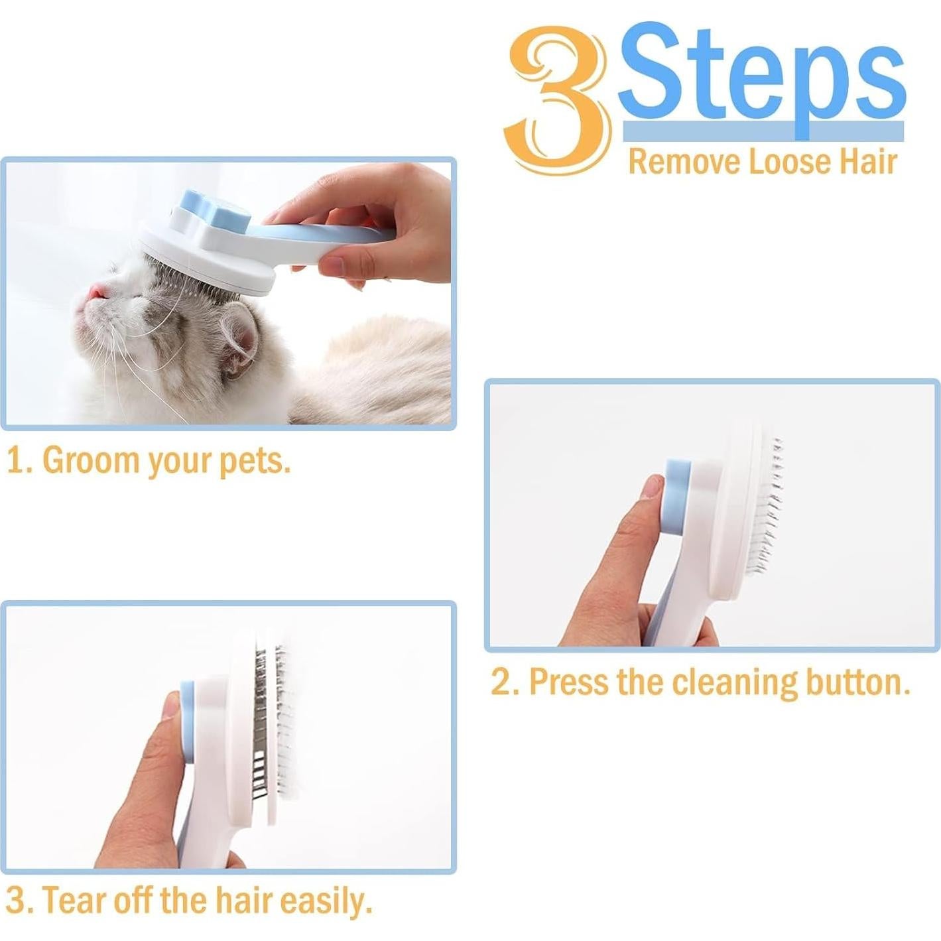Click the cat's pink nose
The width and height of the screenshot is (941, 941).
97,292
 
